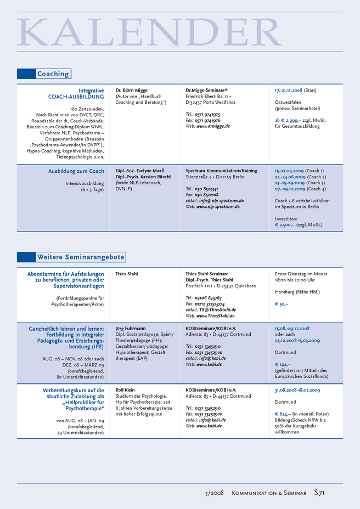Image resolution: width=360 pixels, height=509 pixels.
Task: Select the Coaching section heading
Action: tap(53, 74)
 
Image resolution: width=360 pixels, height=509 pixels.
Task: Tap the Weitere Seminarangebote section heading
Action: tap(81, 257)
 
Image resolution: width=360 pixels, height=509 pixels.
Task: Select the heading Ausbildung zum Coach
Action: tap(76, 171)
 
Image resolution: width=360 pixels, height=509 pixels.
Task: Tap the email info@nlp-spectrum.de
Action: tap(221, 201)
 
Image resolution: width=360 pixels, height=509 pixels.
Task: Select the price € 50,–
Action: tap(282, 304)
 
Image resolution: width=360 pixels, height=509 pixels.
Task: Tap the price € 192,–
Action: tap(283, 364)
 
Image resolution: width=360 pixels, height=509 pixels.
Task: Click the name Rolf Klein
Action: tap(125, 390)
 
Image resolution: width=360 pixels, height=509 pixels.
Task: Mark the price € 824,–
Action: tap(283, 414)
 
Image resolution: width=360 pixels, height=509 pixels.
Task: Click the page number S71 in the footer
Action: tap(319, 493)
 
